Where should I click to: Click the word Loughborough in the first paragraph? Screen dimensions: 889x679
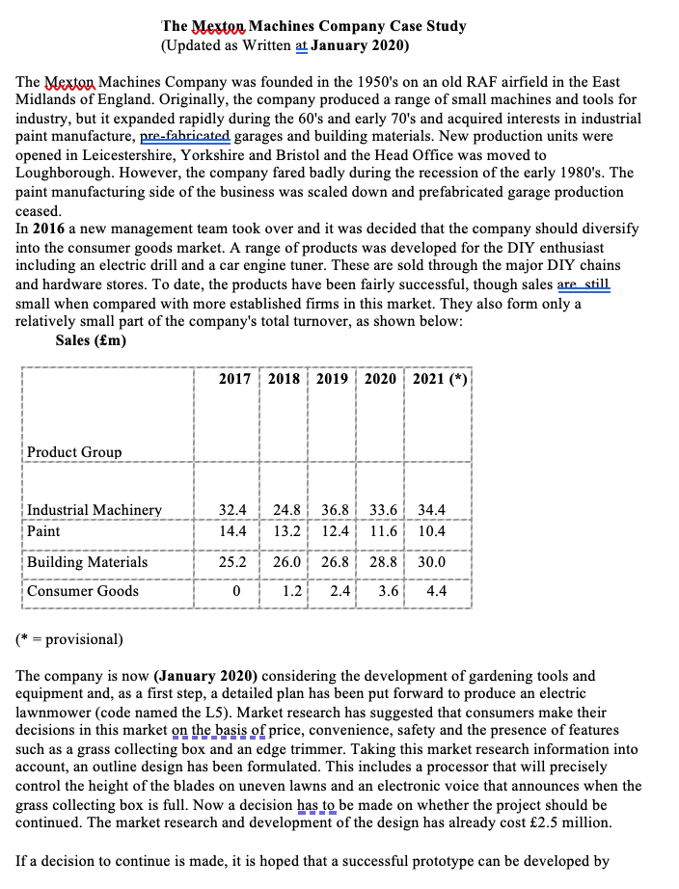pos(60,174)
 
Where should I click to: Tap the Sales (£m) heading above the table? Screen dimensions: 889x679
pos(91,340)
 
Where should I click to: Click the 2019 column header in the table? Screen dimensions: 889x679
pos(332,379)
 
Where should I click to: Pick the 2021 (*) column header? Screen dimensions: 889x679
pos(440,379)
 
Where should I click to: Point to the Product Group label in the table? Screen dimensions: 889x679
pos(74,452)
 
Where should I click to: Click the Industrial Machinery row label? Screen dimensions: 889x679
pos(95,510)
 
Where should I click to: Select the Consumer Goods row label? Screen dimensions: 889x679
pos(83,591)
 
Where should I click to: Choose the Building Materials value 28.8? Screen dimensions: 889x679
pos(383,562)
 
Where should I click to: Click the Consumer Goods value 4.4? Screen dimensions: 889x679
pos(435,591)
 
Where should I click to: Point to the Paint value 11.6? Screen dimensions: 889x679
pos(383,531)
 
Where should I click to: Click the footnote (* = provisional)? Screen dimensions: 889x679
pos(69,639)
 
